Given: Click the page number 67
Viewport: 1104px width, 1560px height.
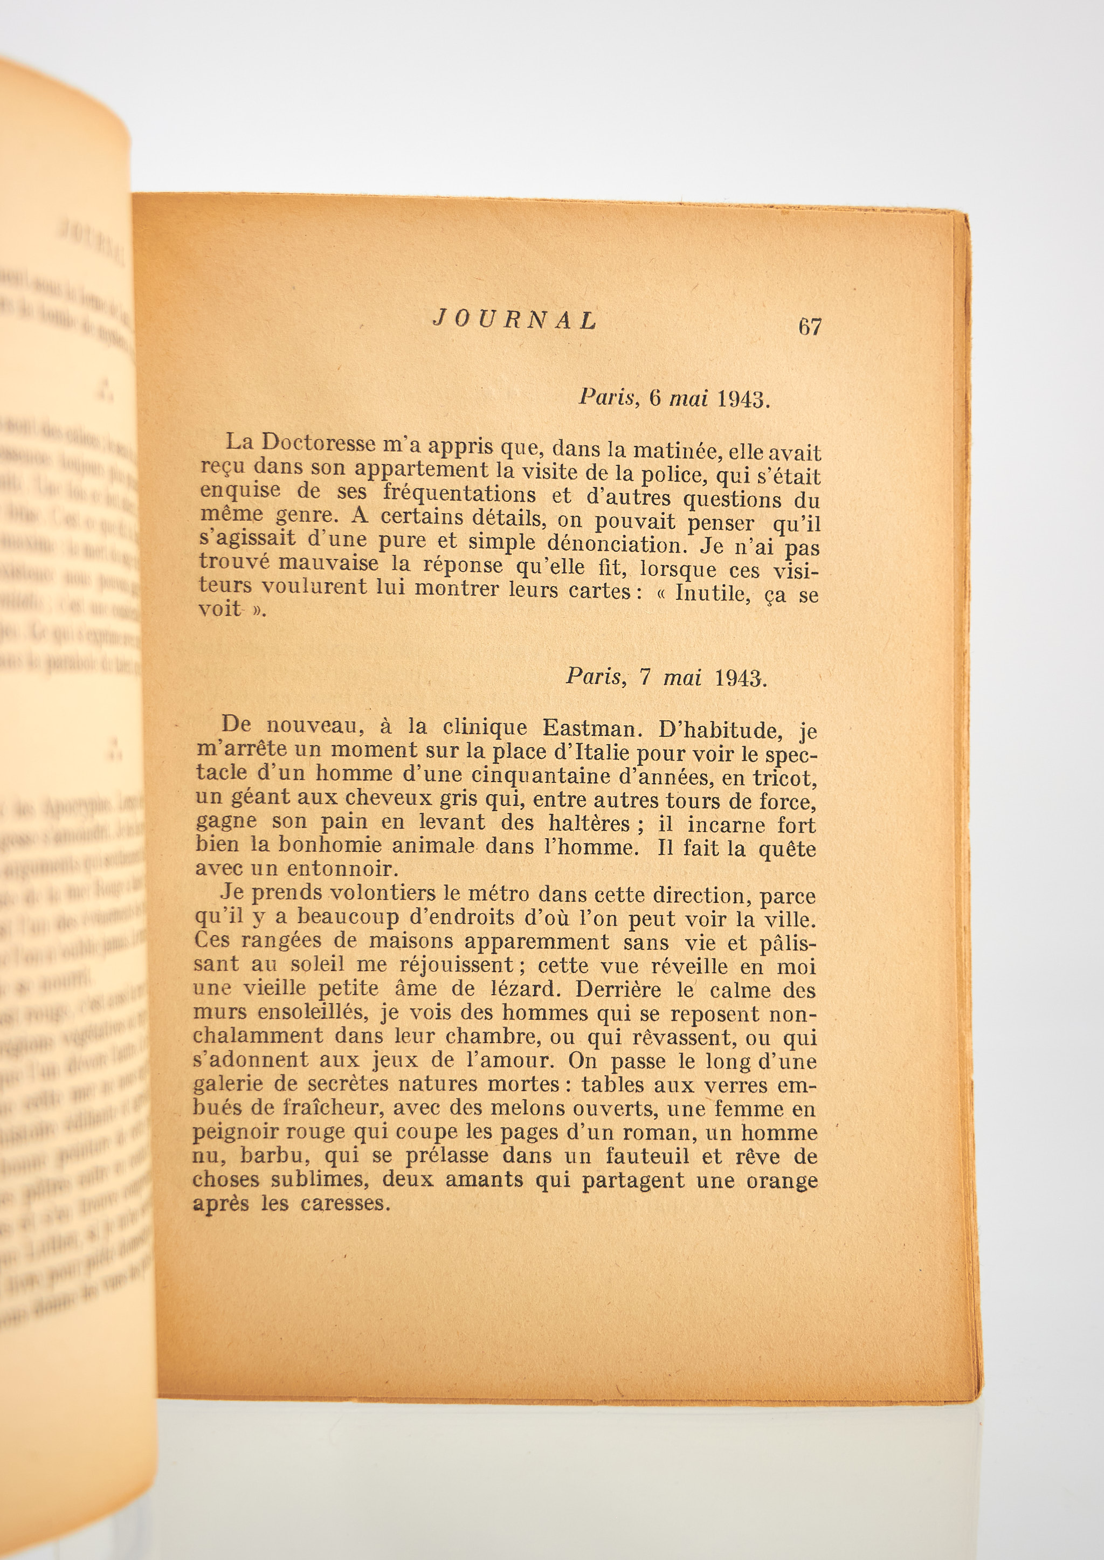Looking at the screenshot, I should click(810, 327).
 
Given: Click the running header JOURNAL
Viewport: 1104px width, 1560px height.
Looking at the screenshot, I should click(515, 320).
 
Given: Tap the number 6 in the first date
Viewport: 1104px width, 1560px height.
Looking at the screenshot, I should click(654, 398).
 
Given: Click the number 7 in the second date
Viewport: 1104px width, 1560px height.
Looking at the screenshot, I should click(646, 678).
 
